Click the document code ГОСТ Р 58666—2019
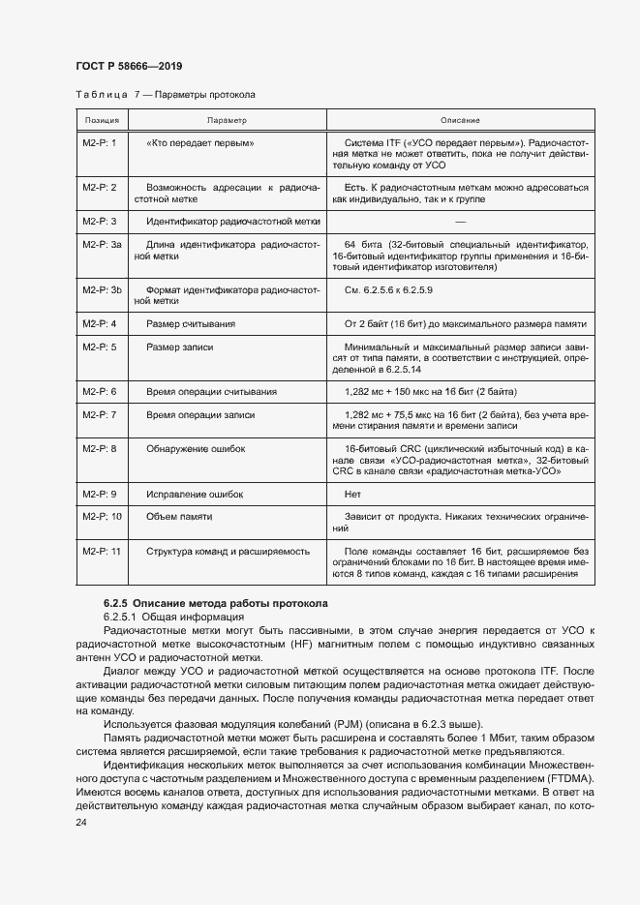(x=128, y=66)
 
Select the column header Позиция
(x=102, y=121)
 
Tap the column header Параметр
(x=227, y=121)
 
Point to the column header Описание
(x=460, y=121)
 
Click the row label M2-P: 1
(x=100, y=142)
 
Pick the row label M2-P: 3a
(x=102, y=246)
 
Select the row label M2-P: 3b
(x=102, y=289)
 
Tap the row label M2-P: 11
(x=102, y=551)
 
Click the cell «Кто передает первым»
(x=200, y=142)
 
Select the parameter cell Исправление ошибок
(x=195, y=494)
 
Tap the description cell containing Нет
(x=352, y=494)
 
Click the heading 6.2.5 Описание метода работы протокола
(x=216, y=603)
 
